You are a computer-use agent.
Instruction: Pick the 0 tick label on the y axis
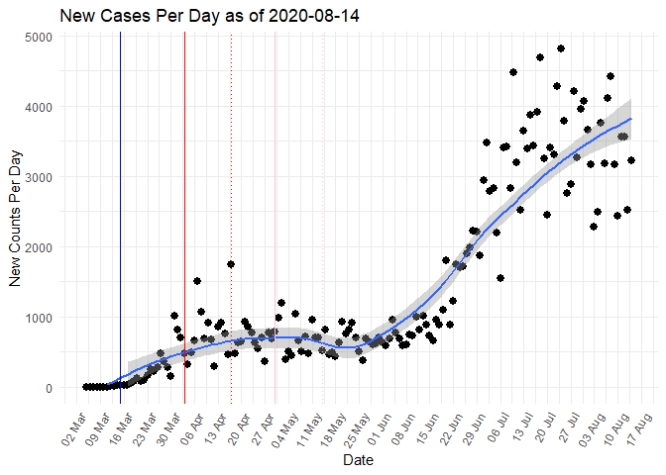coord(49,388)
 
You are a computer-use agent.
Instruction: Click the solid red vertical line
coord(184,218)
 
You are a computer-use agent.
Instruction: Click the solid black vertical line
coord(120,218)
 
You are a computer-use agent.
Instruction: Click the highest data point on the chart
coord(561,48)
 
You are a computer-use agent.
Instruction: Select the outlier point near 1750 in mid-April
coord(231,264)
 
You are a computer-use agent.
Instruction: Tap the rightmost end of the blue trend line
coord(630,119)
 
